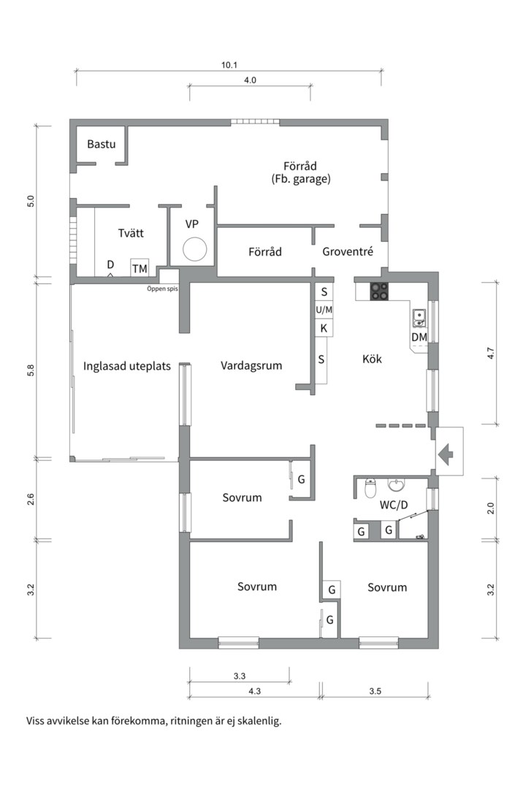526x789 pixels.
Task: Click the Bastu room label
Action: click(101, 144)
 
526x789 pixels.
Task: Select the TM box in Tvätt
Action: click(140, 268)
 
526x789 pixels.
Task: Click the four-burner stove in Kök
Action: click(379, 291)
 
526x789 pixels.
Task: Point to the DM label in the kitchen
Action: click(419, 337)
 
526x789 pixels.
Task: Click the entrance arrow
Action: click(446, 454)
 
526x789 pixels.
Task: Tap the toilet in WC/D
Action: click(370, 487)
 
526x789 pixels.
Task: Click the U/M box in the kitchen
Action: click(324, 310)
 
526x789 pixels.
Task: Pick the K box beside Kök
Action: click(324, 328)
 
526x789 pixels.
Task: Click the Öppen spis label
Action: click(162, 289)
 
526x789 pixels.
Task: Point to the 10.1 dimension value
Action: click(229, 65)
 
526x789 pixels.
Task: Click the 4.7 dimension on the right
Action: click(491, 354)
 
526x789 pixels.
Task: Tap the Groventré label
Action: click(348, 251)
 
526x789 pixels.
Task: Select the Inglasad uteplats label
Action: click(127, 366)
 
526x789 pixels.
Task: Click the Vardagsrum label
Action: click(251, 366)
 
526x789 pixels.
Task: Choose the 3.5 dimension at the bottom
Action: click(375, 691)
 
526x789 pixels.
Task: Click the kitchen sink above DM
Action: click(419, 318)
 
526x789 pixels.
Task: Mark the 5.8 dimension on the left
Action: click(31, 370)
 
